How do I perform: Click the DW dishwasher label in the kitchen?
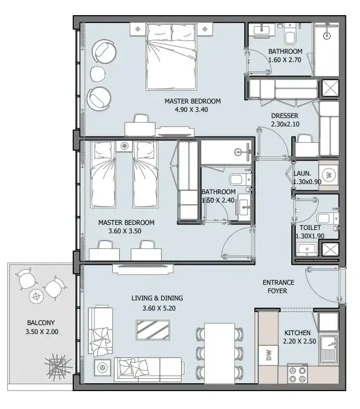click(x=269, y=355)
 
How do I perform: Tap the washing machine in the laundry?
click(x=329, y=175)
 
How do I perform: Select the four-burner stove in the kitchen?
click(x=297, y=374)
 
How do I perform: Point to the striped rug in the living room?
click(x=153, y=330)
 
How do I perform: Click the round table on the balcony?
click(x=36, y=296)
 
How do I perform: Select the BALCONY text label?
click(x=41, y=323)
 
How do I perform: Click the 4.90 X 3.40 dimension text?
click(x=191, y=110)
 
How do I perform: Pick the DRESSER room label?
click(x=285, y=116)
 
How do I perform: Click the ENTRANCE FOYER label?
click(x=278, y=286)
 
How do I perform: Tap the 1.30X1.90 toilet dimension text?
click(x=310, y=236)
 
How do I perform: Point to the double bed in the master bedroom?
click(x=170, y=57)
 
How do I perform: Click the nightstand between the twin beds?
click(x=124, y=146)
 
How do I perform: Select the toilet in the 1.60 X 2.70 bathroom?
click(x=290, y=34)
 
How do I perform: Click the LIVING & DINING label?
click(x=157, y=298)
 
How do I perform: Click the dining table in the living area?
click(x=220, y=354)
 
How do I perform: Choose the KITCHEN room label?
click(x=297, y=333)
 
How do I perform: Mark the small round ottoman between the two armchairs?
click(x=98, y=74)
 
